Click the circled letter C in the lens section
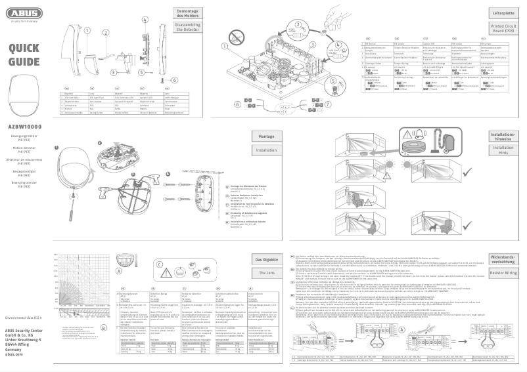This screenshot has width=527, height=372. (x=160, y=264)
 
